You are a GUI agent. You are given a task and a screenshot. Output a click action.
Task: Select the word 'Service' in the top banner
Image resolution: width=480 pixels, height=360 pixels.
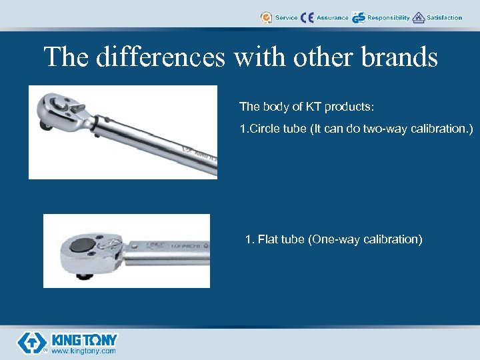[x=287, y=17]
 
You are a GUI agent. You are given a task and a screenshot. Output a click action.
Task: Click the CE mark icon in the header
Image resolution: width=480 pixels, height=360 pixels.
[x=307, y=17]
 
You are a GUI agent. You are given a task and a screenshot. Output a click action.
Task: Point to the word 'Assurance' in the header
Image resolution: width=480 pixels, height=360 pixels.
[x=332, y=17]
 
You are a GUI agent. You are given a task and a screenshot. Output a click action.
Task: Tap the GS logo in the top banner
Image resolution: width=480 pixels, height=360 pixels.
[x=359, y=17]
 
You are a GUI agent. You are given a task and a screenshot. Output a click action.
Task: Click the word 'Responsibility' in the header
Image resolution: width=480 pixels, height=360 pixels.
[x=389, y=17]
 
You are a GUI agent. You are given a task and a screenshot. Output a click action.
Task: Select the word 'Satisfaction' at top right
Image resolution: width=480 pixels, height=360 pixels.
[x=444, y=17]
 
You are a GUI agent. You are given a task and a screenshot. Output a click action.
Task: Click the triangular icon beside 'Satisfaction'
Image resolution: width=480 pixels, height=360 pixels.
[x=419, y=17]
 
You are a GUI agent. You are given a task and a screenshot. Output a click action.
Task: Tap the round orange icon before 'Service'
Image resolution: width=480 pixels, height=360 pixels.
[x=267, y=17]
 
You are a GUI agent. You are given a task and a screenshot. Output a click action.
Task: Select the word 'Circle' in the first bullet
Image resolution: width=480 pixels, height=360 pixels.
[x=264, y=129]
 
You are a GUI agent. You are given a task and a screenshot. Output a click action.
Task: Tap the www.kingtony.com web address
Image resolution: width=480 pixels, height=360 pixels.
[x=83, y=351]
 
